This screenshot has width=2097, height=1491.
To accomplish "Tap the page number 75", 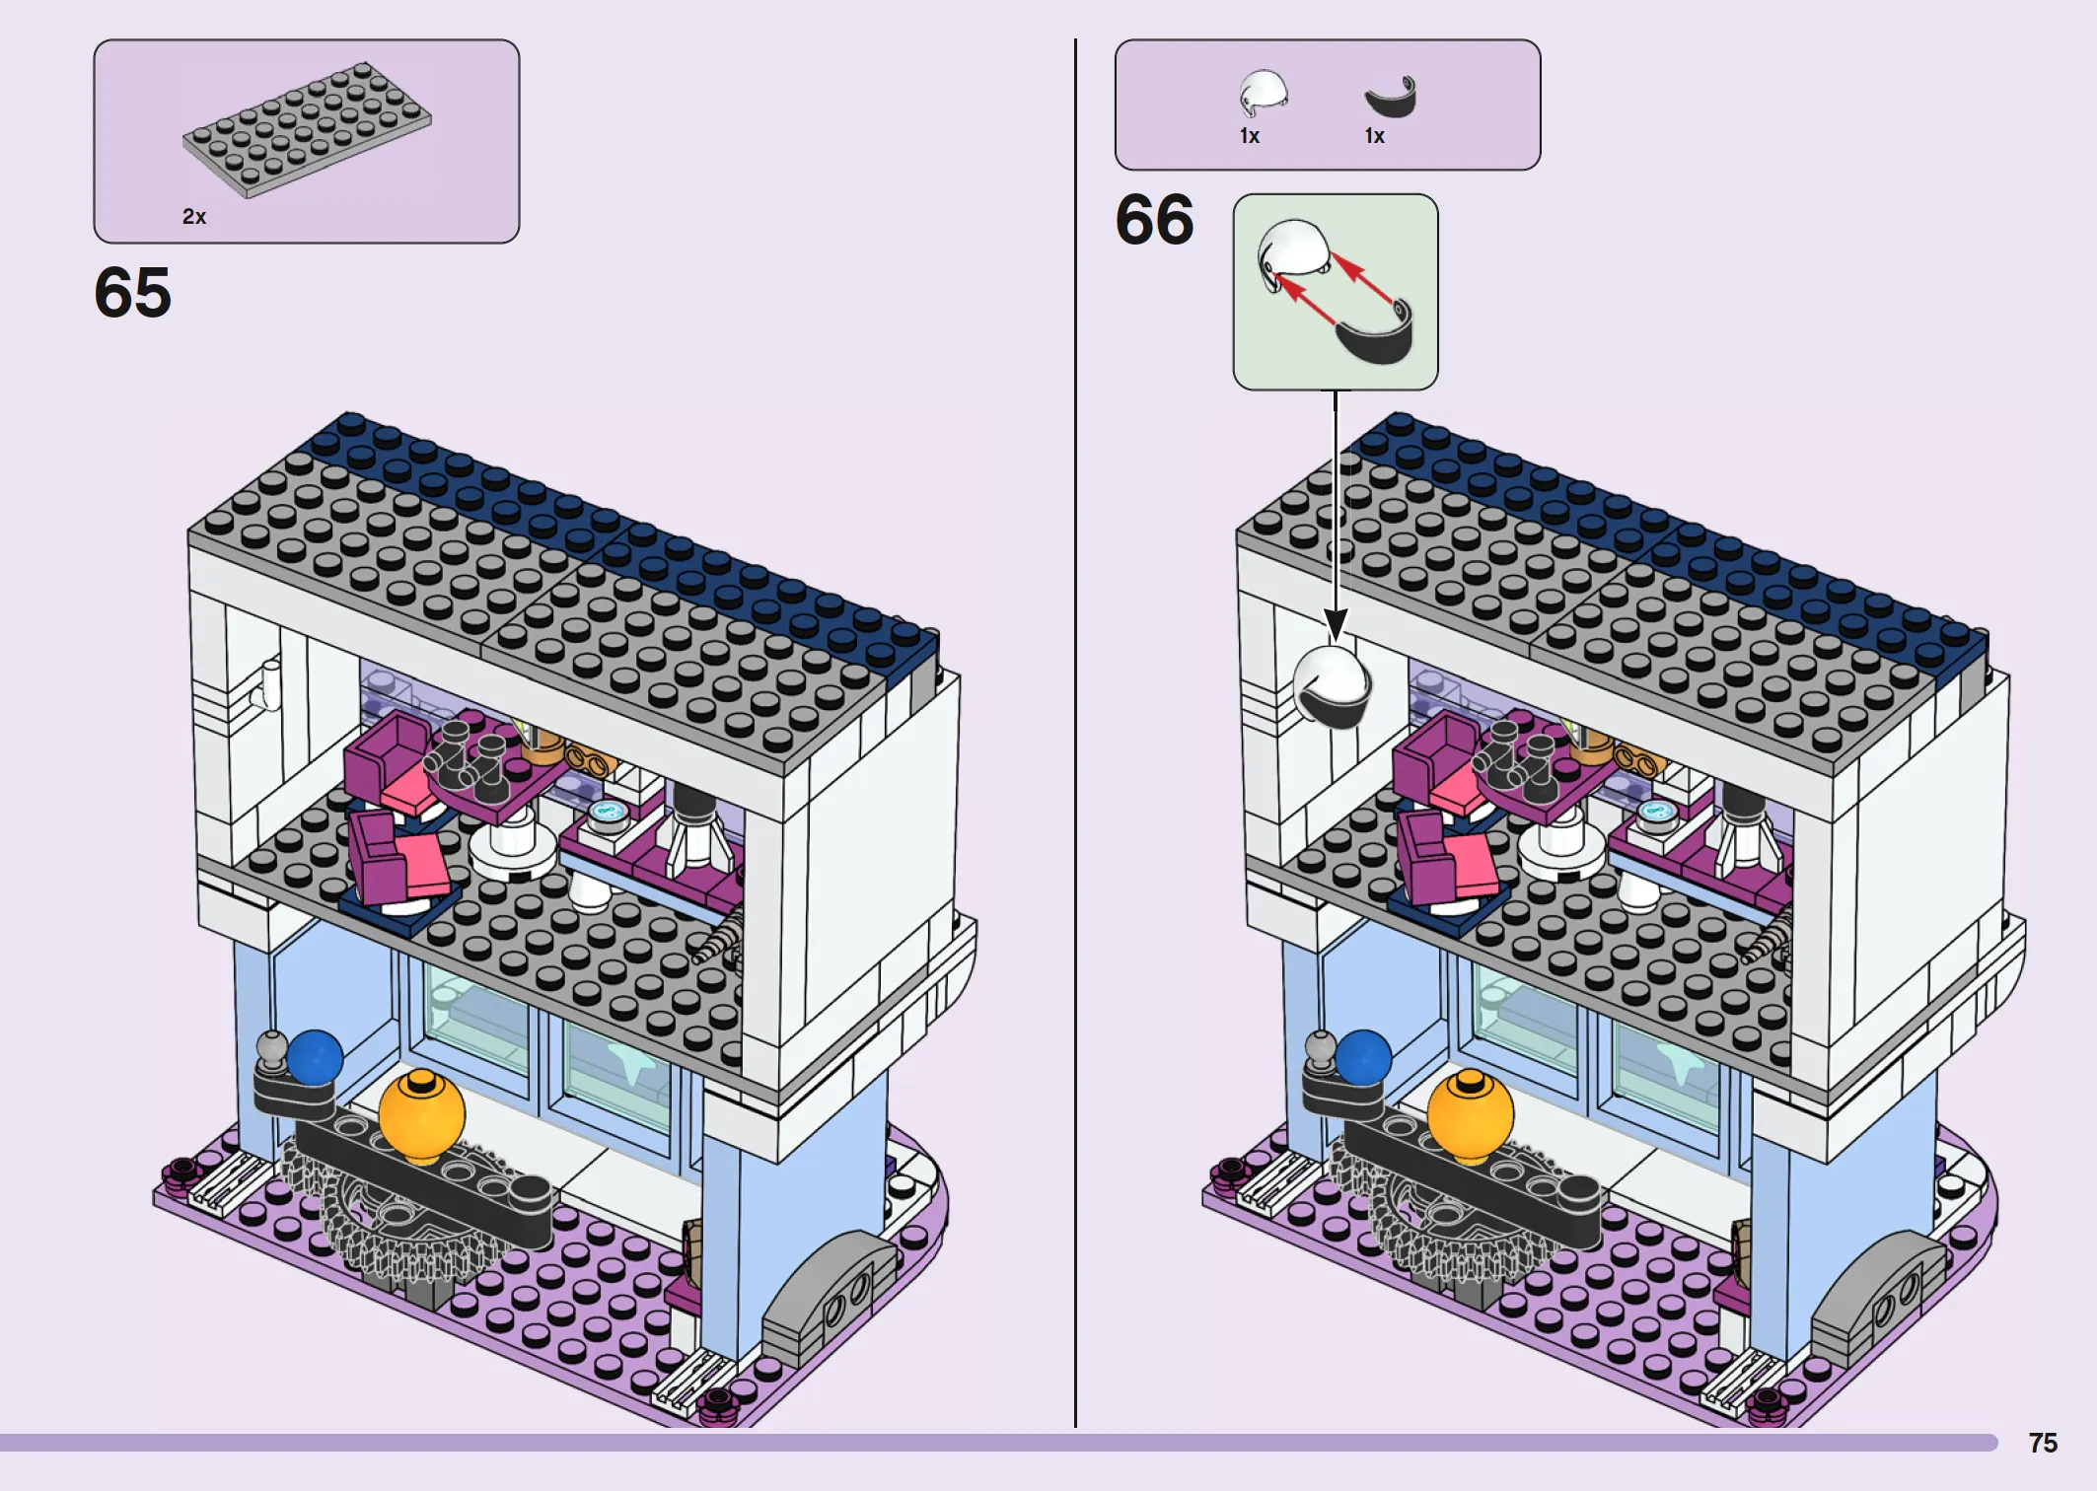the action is (x=2043, y=1443).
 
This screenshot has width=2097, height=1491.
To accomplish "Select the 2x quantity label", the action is (x=194, y=216).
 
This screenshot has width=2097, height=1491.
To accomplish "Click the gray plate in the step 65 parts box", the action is (x=307, y=129).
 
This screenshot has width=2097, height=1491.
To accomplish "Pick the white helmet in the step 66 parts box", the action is (x=1263, y=94).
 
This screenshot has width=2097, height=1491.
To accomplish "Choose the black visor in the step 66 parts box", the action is (x=1391, y=98).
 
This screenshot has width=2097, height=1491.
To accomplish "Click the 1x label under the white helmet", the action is (x=1250, y=136).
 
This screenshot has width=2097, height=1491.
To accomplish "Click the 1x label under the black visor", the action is (x=1375, y=136).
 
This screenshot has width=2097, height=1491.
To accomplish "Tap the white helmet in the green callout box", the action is (x=1294, y=252).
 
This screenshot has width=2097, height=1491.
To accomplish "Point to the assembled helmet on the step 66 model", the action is (x=1332, y=686).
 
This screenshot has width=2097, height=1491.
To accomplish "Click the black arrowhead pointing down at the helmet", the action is (x=1336, y=625).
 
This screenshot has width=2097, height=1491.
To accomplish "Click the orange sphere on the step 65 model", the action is (x=421, y=1115).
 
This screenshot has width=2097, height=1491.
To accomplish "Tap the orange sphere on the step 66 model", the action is (x=1470, y=1115).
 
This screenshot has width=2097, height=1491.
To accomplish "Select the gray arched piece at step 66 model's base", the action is (x=1862, y=1292).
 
